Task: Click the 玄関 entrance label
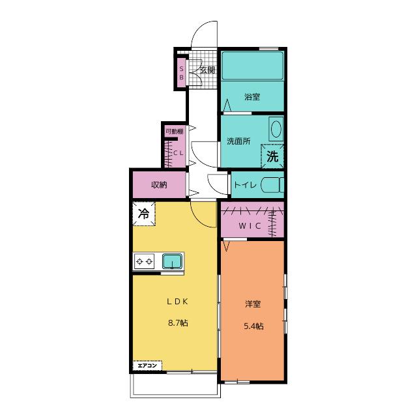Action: pos(207,70)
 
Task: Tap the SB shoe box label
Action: pos(181,73)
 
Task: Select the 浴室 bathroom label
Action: pos(252,97)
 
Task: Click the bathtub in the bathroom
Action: pos(252,65)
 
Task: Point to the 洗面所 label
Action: pos(238,141)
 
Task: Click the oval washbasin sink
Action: pos(276,129)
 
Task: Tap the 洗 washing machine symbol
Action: pos(272,156)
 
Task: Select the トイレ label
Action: pos(245,184)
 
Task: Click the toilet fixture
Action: pos(272,185)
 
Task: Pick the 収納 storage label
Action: pos(159,185)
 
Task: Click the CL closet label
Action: pos(179,153)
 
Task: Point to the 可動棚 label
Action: pos(175,132)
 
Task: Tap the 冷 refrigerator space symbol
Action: pos(144,214)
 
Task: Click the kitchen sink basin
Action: pos(173,261)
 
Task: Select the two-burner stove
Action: pos(144,261)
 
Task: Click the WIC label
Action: pos(250,226)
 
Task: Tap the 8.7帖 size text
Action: pos(178,323)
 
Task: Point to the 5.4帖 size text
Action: pos(253,326)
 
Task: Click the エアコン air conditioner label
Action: pos(147,366)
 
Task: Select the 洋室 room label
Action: pos(253,304)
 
